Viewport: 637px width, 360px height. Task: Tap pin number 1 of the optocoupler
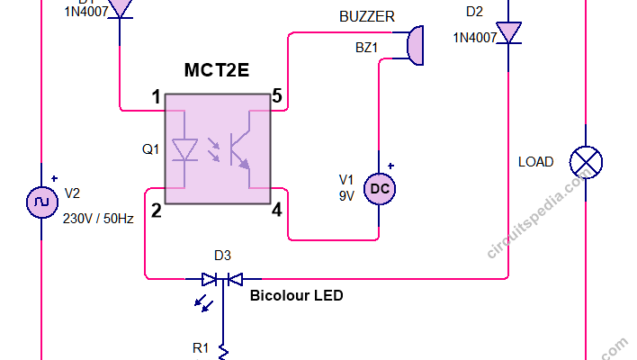tap(156, 96)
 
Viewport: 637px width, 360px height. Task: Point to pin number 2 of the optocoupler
tap(156, 211)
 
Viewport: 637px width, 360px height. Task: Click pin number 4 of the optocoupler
tap(276, 211)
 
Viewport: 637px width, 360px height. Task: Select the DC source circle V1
tap(378, 188)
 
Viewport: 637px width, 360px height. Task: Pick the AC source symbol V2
tap(41, 203)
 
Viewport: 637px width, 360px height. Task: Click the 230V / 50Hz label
tap(99, 219)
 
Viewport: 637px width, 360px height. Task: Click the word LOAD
tap(536, 162)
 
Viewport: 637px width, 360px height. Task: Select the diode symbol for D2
tap(510, 33)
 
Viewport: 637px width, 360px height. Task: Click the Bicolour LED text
tap(296, 295)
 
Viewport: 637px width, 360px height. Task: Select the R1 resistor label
tap(201, 347)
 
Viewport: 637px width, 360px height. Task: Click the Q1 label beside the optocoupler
tap(149, 148)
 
